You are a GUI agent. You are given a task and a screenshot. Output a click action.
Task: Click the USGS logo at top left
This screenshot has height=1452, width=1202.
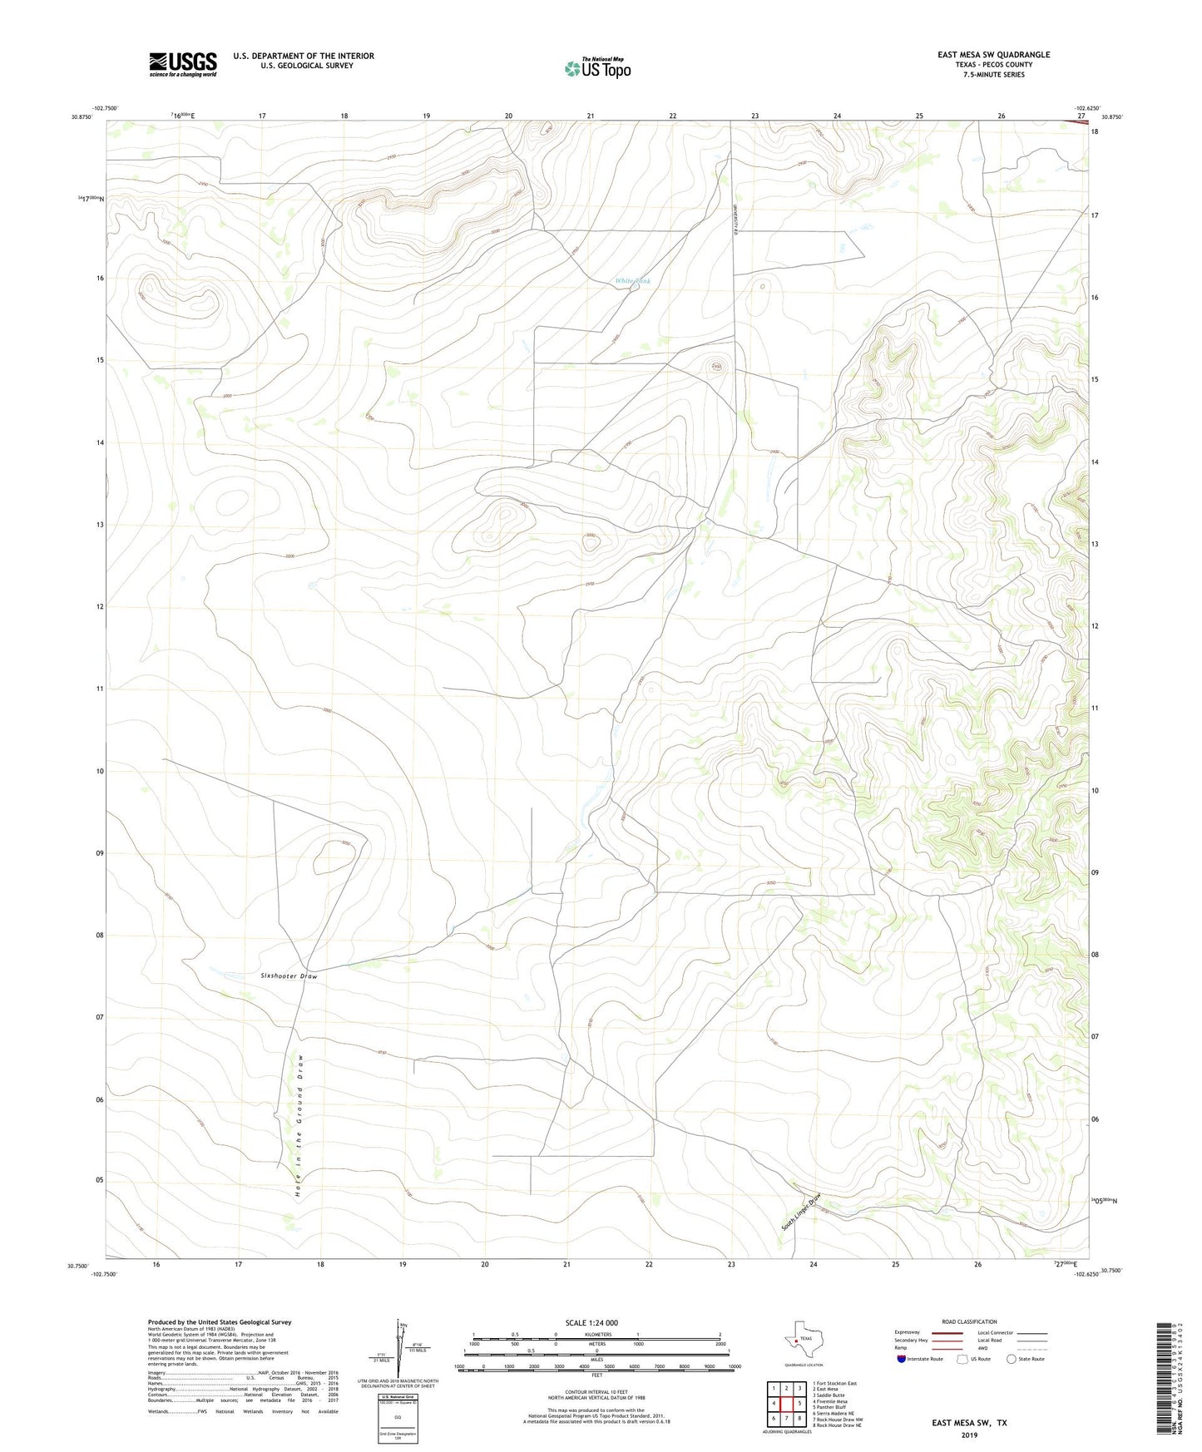pos(183,64)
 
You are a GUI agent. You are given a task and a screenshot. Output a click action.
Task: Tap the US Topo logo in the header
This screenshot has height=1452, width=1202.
pos(597,68)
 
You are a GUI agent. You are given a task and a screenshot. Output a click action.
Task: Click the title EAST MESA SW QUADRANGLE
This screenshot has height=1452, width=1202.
pos(993,55)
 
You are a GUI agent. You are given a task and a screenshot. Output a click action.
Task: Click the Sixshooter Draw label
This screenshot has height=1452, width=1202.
pos(289,975)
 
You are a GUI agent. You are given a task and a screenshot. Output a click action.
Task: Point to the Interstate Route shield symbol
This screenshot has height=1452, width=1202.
pos(902,1359)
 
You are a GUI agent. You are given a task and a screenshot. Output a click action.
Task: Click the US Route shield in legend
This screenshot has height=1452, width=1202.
pos(963,1359)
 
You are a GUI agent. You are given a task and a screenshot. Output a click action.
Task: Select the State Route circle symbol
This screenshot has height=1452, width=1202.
pos(1012,1359)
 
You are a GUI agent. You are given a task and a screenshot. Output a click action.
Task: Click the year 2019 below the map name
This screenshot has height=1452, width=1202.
pos(968,1435)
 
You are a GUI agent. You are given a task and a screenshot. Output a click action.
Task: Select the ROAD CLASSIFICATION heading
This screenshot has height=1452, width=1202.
pos(969,1321)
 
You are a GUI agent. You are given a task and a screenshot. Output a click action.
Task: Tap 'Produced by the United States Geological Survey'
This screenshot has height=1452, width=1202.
pos(220,1321)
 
